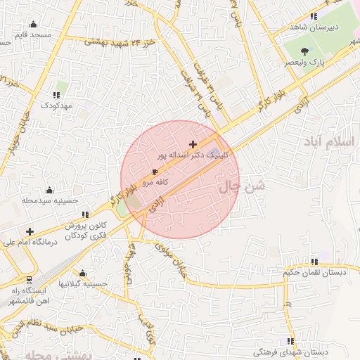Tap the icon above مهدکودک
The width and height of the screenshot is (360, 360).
[x=56, y=94]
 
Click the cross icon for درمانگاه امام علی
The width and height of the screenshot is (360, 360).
[x=30, y=231]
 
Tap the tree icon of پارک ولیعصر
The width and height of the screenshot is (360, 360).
[x=304, y=51]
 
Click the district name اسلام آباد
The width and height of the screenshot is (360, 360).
[x=330, y=142]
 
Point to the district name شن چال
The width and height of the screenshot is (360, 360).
[x=243, y=186]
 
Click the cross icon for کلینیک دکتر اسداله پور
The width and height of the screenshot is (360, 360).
[x=193, y=143]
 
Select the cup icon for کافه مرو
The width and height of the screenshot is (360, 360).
[x=155, y=172]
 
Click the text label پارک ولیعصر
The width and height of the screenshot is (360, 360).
[x=305, y=63]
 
